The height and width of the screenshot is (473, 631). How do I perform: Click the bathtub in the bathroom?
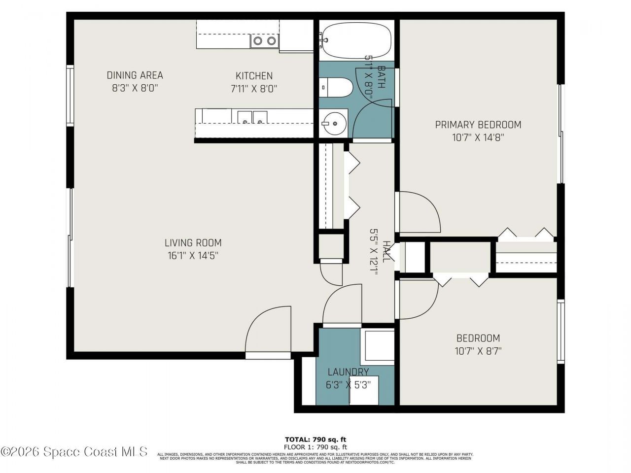point(356,40)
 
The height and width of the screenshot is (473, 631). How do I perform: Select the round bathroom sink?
point(335,123)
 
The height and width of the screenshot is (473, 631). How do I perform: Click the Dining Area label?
point(135,75)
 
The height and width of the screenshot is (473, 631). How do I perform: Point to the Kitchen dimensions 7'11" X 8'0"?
point(254,89)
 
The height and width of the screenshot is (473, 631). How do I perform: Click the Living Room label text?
point(193,243)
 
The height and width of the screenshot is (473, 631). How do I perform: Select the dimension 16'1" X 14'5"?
point(193,256)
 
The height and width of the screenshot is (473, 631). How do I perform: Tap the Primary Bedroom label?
point(478,125)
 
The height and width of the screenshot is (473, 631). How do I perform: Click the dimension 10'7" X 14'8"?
point(478,137)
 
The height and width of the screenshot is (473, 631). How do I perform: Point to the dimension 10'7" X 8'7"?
point(478,351)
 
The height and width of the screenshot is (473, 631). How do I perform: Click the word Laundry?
point(348,372)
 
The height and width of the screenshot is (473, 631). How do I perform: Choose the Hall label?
point(386,252)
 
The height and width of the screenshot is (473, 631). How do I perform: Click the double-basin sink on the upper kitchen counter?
point(264,41)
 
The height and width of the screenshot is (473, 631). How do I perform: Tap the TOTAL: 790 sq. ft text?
point(318,439)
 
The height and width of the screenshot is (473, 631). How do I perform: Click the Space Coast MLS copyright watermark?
point(74,451)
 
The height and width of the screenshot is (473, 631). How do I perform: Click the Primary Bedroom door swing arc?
point(419,212)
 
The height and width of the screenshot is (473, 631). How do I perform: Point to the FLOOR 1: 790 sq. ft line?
point(318,446)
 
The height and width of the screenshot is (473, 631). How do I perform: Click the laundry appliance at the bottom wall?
point(364,390)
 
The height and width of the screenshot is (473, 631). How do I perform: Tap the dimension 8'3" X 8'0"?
point(135,89)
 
